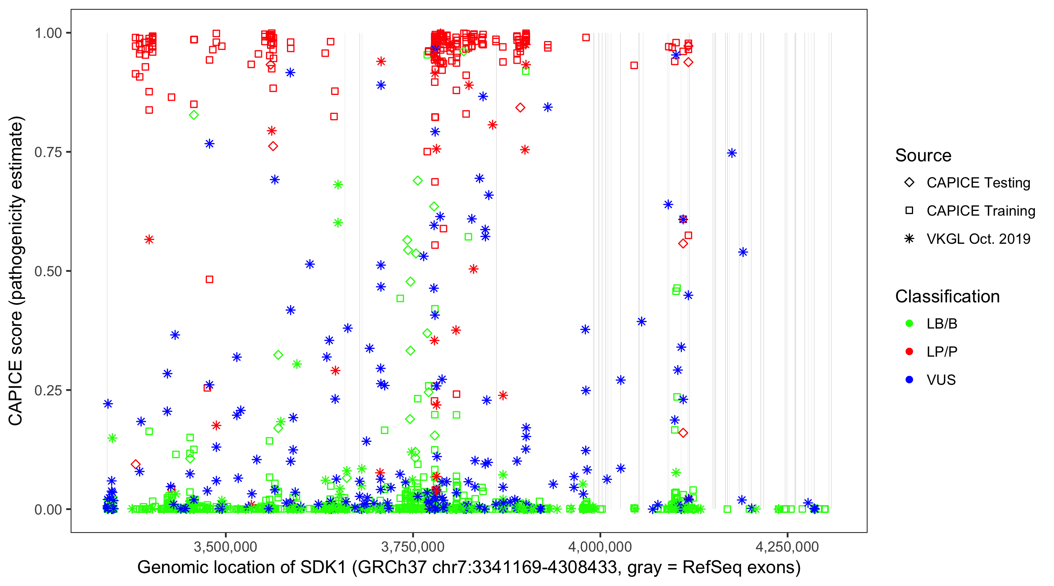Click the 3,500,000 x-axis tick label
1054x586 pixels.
[226, 547]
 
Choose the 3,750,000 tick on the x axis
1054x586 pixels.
[413, 547]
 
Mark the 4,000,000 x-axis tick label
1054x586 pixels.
[600, 547]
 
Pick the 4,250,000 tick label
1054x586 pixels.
[787, 547]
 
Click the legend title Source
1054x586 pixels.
[923, 155]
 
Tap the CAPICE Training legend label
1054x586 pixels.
[981, 211]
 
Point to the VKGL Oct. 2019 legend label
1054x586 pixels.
[978, 239]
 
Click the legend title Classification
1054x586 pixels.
[947, 297]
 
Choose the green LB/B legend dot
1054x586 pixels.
[909, 323]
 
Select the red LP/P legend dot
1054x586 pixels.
[909, 352]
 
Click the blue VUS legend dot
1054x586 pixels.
[909, 380]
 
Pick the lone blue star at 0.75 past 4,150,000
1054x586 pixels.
[732, 153]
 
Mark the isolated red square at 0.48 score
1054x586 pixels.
[210, 279]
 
